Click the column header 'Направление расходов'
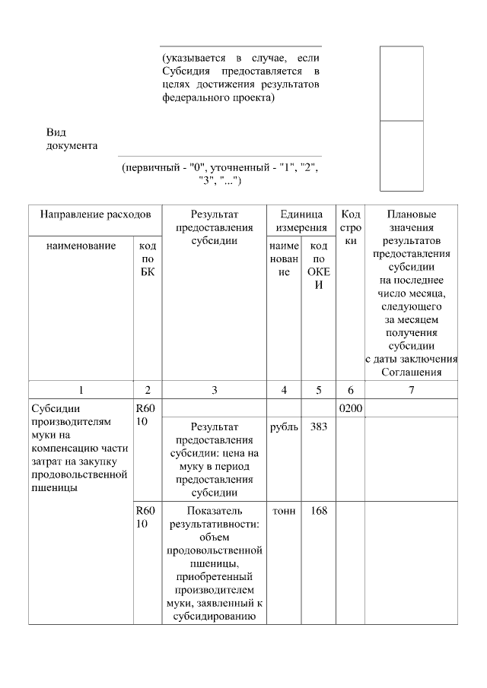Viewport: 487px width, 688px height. coord(95,215)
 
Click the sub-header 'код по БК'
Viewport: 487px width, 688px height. coord(148,258)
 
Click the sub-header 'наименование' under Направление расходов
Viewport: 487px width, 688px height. coord(80,246)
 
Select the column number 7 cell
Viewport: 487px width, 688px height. coord(412,390)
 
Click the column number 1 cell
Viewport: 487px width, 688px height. coord(80,390)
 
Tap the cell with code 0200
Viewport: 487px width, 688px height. coord(351,409)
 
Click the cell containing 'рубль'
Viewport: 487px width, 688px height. coord(285,427)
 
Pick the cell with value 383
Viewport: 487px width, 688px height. coord(319,427)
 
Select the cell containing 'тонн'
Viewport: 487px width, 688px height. coord(285,511)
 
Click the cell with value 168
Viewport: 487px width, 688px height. coord(319,511)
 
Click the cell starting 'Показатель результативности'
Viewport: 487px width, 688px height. coord(215,563)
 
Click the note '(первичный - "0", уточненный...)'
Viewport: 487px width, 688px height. coord(219,173)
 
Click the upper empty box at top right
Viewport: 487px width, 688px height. coord(402,83)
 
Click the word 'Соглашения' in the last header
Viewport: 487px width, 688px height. coord(412,372)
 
